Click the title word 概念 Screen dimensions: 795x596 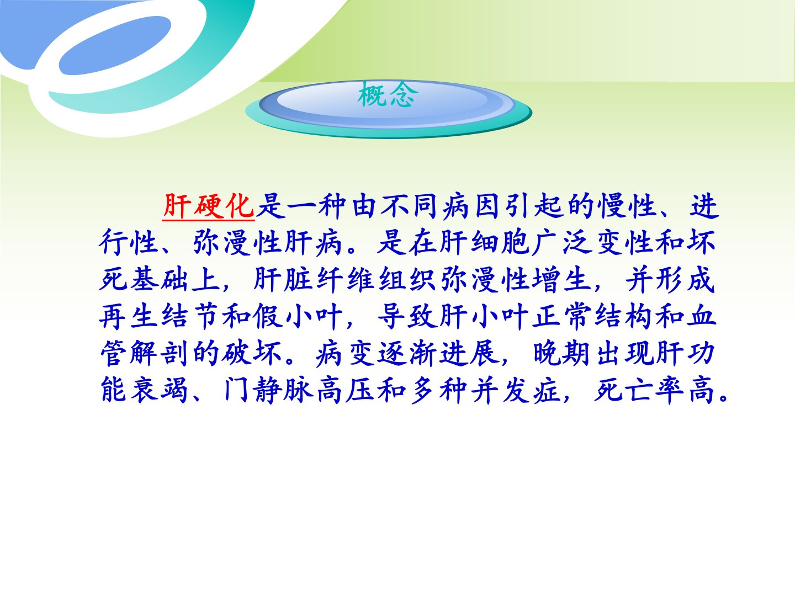(x=388, y=95)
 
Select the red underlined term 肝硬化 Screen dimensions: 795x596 (x=209, y=206)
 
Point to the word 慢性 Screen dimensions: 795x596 (x=628, y=206)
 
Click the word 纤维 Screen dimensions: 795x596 (x=346, y=279)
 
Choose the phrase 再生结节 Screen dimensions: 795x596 (x=159, y=316)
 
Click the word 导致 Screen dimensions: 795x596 (x=407, y=316)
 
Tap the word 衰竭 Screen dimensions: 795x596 (x=160, y=390)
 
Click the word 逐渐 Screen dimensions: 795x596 (x=407, y=353)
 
